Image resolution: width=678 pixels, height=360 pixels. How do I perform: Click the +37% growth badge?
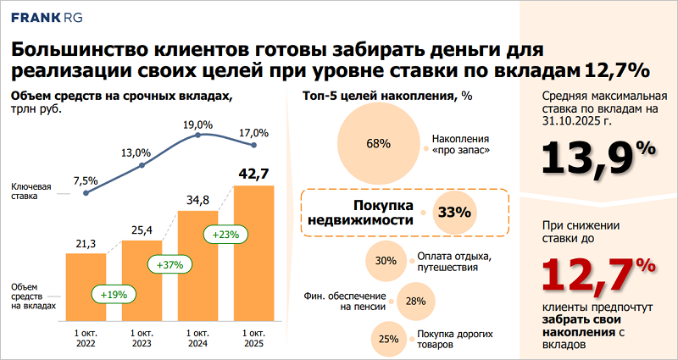click(x=169, y=265)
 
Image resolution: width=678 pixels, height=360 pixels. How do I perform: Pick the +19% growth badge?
click(x=113, y=294)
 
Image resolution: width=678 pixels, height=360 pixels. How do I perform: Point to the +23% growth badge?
click(x=225, y=234)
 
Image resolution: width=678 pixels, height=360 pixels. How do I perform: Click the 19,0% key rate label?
click(x=198, y=125)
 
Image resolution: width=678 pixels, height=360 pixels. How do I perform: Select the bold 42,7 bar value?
click(x=253, y=174)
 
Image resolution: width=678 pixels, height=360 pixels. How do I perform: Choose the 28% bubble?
click(x=415, y=301)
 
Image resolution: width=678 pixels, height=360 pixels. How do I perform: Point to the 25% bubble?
click(x=389, y=339)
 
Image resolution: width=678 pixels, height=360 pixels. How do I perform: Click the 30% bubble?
click(x=386, y=261)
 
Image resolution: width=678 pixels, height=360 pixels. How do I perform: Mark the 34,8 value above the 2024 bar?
click(x=198, y=200)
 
